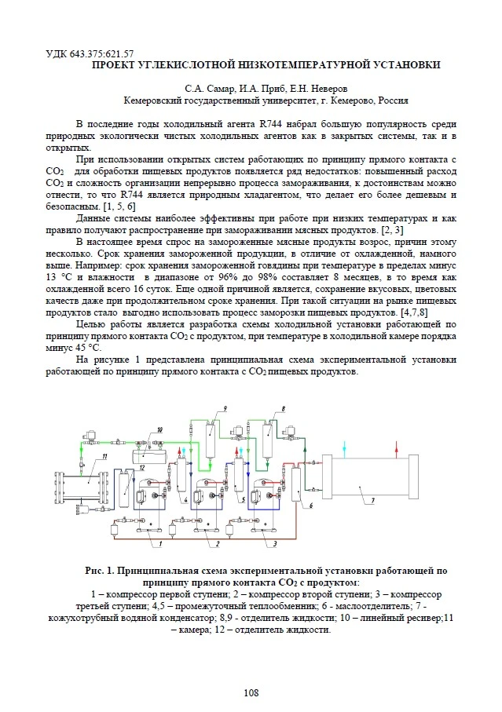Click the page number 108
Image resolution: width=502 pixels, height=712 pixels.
coord(251,692)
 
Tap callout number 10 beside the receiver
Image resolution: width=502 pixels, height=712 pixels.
coord(159,429)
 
